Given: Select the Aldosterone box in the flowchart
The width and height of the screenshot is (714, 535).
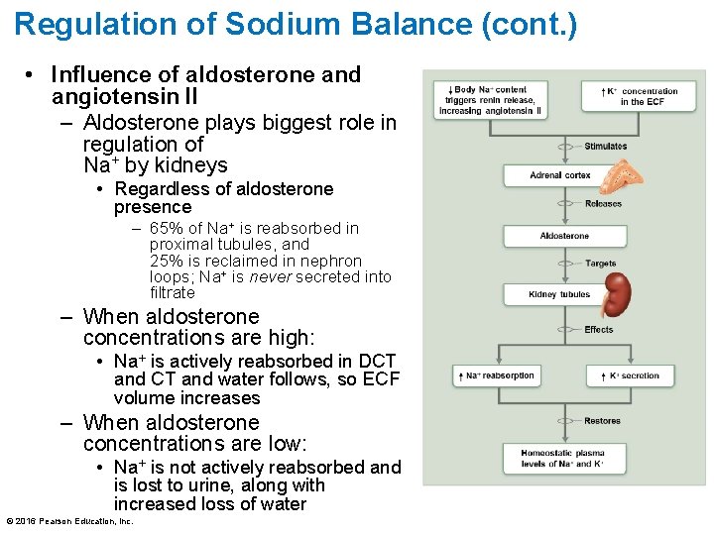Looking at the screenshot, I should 563,236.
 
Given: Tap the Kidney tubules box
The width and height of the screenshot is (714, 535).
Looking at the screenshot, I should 559,294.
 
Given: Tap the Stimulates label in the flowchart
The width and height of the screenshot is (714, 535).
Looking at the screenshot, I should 605,147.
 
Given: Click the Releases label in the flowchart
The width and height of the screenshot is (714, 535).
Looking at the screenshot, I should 603,204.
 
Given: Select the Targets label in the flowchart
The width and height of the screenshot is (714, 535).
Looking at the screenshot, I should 600,265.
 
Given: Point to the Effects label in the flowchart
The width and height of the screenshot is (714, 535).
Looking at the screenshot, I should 598,330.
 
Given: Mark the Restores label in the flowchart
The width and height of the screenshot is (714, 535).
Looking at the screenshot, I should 602,421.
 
